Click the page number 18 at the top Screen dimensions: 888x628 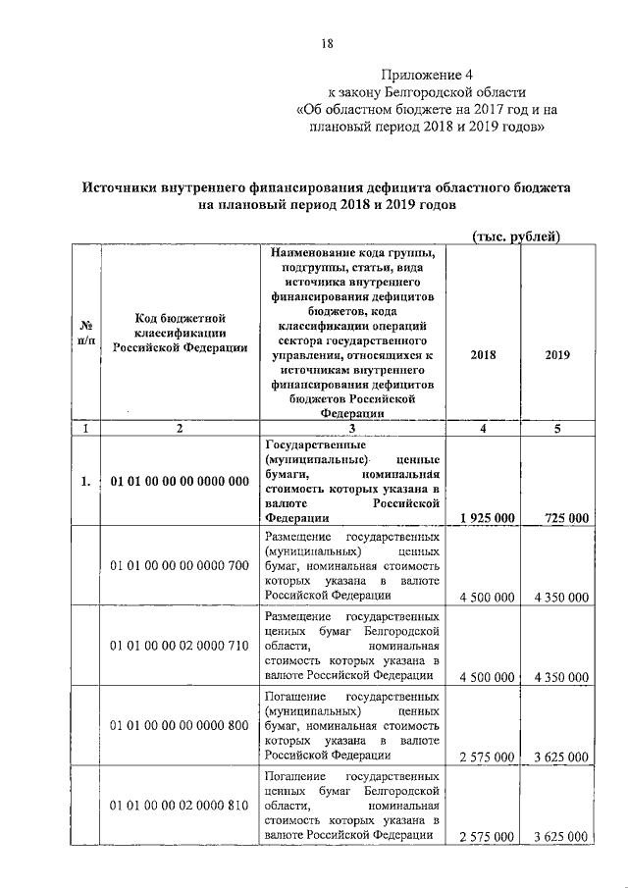(328, 44)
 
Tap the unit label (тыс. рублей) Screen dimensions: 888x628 (516, 235)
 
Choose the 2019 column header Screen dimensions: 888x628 (557, 356)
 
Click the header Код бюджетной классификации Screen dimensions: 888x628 (180, 333)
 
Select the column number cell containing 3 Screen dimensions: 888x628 (350, 429)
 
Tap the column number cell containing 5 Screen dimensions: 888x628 (557, 429)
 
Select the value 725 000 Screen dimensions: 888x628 (561, 517)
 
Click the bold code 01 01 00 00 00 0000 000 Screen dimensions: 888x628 (180, 481)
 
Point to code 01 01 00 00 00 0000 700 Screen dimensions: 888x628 (180, 566)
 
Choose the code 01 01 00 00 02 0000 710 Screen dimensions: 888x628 (180, 646)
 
